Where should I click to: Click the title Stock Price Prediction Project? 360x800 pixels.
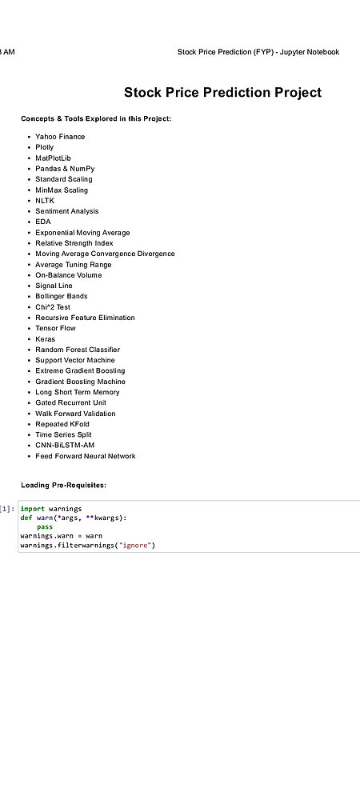(223, 92)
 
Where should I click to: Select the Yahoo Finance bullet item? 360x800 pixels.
(60, 137)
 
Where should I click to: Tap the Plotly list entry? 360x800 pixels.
(44, 147)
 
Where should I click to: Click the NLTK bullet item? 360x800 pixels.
(45, 201)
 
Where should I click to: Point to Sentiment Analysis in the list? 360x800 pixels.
(66, 211)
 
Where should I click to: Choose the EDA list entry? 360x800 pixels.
(43, 222)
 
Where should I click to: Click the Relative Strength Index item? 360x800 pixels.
(74, 243)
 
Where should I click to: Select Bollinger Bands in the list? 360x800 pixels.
(61, 296)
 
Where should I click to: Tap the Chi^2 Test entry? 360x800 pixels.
(53, 307)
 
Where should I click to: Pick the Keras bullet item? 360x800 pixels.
(45, 338)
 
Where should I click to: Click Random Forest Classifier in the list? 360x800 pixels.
(78, 350)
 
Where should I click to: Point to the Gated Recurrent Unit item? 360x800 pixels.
(71, 402)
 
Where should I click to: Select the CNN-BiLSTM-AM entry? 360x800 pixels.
(65, 445)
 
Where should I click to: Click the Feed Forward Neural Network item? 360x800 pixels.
(86, 456)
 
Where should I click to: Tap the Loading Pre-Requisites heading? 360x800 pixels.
(64, 486)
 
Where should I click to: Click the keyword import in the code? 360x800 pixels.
(33, 509)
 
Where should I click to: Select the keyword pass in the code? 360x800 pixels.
(45, 527)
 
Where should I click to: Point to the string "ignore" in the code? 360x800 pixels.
(136, 546)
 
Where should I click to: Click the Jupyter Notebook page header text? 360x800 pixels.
(258, 52)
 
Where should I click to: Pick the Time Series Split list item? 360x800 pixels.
(63, 434)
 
